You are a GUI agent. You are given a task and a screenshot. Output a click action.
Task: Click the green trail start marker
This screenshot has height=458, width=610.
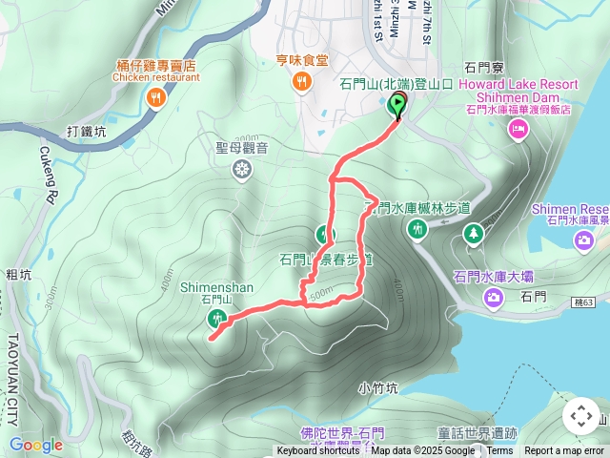tap(396, 105)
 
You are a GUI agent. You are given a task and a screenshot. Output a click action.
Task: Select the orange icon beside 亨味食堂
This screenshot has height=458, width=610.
tap(301, 82)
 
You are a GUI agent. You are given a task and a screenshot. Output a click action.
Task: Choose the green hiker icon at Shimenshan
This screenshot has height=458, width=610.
tap(218, 320)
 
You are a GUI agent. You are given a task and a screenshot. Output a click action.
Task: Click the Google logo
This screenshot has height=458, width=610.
tap(35, 445)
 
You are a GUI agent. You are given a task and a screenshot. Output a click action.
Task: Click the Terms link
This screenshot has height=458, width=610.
tap(499, 451)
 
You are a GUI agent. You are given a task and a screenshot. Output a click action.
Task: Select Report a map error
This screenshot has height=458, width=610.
tap(564, 451)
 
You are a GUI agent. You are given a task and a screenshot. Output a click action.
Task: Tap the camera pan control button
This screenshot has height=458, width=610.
tap(581, 417)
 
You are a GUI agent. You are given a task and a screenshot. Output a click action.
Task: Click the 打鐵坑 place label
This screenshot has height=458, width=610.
tap(87, 131)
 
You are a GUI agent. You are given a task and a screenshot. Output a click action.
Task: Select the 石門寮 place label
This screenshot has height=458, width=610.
tap(483, 67)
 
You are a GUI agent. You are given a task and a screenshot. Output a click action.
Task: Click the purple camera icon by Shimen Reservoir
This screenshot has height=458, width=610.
tap(582, 239)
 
